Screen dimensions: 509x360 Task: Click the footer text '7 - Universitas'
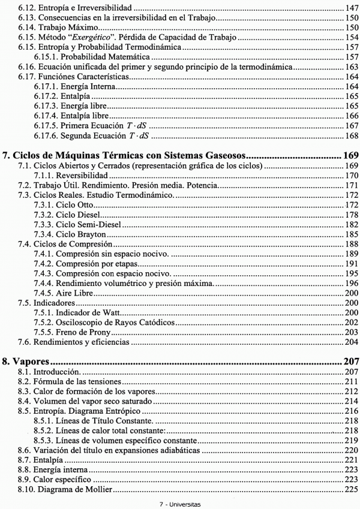pos(179,504)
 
